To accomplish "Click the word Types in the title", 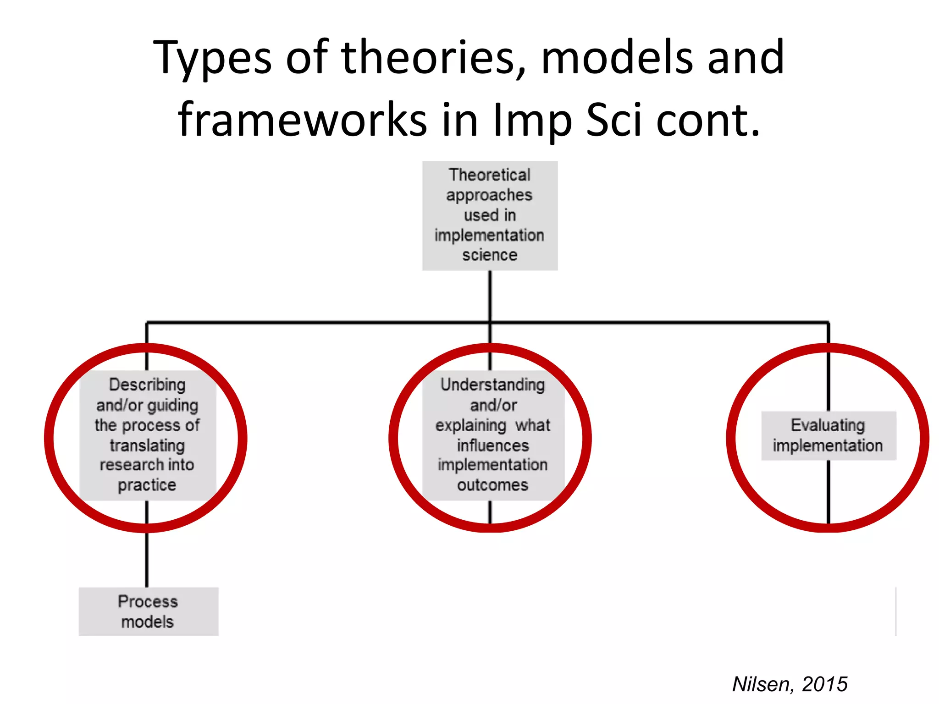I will [212, 59].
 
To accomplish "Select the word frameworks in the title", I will [303, 120].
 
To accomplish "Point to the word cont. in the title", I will [708, 120].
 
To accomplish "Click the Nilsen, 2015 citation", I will [790, 684].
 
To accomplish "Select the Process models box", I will [149, 611].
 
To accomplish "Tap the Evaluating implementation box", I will [828, 435].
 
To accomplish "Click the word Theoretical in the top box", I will [490, 175].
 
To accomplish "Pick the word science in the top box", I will [490, 255].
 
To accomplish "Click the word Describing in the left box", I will [147, 385].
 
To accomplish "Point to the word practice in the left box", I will [147, 485].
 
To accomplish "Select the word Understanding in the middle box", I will [492, 385].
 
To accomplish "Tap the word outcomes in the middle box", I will [492, 485].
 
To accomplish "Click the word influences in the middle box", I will [492, 445].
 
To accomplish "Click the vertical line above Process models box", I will [147, 559].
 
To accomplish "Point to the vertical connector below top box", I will [490, 296].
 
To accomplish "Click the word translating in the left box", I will [147, 445].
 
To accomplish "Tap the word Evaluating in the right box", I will [828, 425].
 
